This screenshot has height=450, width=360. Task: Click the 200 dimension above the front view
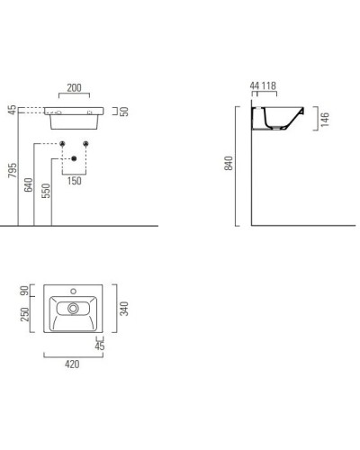click(x=75, y=89)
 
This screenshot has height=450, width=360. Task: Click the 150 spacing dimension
click(x=75, y=181)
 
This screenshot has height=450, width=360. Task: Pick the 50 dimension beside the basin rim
click(x=126, y=111)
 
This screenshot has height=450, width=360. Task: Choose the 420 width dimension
click(x=72, y=364)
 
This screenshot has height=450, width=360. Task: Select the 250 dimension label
click(x=26, y=313)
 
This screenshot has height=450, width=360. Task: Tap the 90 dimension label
click(x=26, y=292)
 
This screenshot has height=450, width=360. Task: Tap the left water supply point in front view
click(x=63, y=144)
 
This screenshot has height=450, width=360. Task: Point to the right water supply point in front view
click(x=86, y=144)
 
